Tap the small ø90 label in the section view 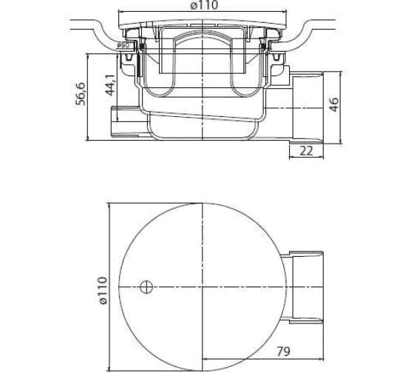coord(123,46)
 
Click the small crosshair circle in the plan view coord(146,285)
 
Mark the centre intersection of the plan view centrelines coord(202,285)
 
